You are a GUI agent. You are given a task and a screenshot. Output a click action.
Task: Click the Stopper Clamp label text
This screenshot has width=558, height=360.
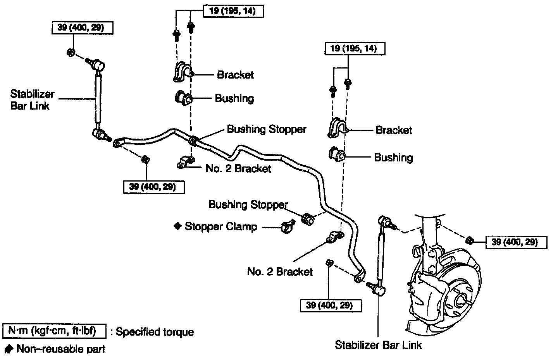click(x=221, y=226)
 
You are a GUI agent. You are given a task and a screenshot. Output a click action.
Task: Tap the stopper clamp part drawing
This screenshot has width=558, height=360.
click(x=287, y=226)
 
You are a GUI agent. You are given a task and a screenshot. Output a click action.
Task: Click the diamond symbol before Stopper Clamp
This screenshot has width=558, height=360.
click(x=177, y=226)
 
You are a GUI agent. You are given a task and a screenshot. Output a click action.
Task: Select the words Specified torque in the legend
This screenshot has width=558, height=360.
click(x=155, y=332)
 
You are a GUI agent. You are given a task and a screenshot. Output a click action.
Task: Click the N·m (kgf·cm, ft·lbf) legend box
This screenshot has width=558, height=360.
click(x=54, y=331)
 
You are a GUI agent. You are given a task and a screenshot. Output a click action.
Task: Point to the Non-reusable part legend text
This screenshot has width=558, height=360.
click(x=61, y=349)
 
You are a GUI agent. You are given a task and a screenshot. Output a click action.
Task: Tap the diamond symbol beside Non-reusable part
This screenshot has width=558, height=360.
click(x=9, y=349)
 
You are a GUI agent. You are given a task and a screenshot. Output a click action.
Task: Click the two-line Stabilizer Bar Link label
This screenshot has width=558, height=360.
click(x=32, y=100)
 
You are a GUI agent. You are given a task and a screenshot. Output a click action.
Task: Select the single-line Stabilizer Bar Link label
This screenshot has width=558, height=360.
click(x=378, y=345)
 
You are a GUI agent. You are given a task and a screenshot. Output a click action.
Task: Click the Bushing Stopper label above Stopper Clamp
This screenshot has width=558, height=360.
click(x=248, y=204)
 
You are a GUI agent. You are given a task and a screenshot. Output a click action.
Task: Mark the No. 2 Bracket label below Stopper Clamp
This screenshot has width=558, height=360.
click(x=280, y=271)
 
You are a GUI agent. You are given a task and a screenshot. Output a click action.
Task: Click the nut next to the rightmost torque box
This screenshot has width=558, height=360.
click(x=469, y=240)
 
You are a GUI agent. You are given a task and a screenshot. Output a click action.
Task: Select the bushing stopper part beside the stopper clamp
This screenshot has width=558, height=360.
click(x=309, y=219)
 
